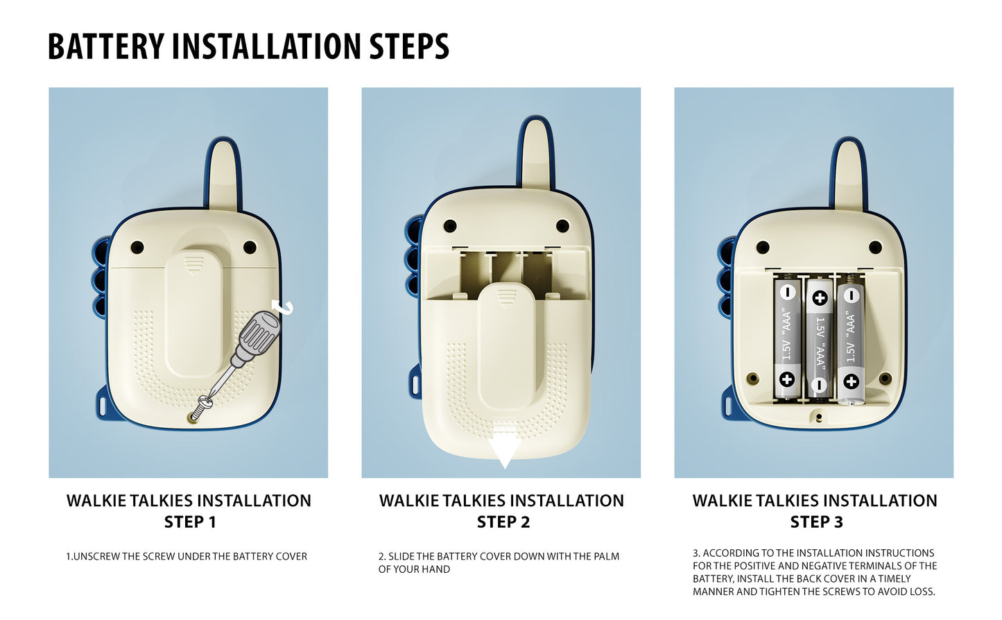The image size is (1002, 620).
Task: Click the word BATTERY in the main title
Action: [x=107, y=46]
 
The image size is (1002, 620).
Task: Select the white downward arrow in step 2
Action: [x=505, y=451]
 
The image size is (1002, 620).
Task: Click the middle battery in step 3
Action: [x=820, y=338]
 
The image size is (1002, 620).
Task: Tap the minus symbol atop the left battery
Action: [x=788, y=293]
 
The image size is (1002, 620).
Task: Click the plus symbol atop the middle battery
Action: [x=820, y=298]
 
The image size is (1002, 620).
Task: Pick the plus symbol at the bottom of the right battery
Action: [x=851, y=381]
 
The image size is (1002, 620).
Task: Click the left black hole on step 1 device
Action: [x=137, y=247]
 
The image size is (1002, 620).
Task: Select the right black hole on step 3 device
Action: [x=875, y=247]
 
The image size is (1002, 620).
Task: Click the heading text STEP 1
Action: [x=190, y=522]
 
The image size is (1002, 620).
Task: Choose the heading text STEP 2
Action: [x=503, y=522]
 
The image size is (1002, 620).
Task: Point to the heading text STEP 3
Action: [x=816, y=522]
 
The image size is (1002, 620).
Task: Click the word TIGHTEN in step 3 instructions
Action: [x=779, y=592]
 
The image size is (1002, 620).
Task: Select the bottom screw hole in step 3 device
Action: [x=819, y=417]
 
